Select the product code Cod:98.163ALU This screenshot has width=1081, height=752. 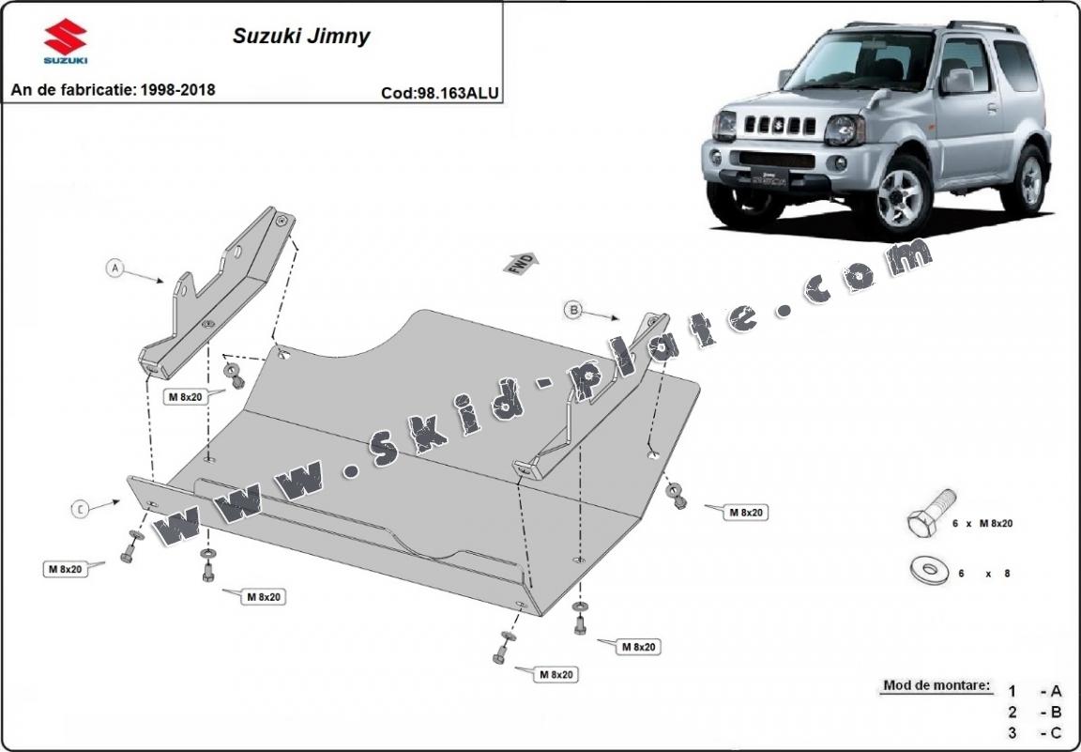coord(440,93)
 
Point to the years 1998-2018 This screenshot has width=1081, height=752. coord(177,90)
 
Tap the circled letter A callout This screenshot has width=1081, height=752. coord(115,269)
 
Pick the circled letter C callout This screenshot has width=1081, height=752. coord(82,509)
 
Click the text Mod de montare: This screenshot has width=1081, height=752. coord(936,686)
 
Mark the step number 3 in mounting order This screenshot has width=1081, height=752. coord(1012,731)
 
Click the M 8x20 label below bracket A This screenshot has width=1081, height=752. coord(186,397)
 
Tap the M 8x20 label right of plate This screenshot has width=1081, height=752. coord(745,513)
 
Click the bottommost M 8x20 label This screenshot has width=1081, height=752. coord(556,674)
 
